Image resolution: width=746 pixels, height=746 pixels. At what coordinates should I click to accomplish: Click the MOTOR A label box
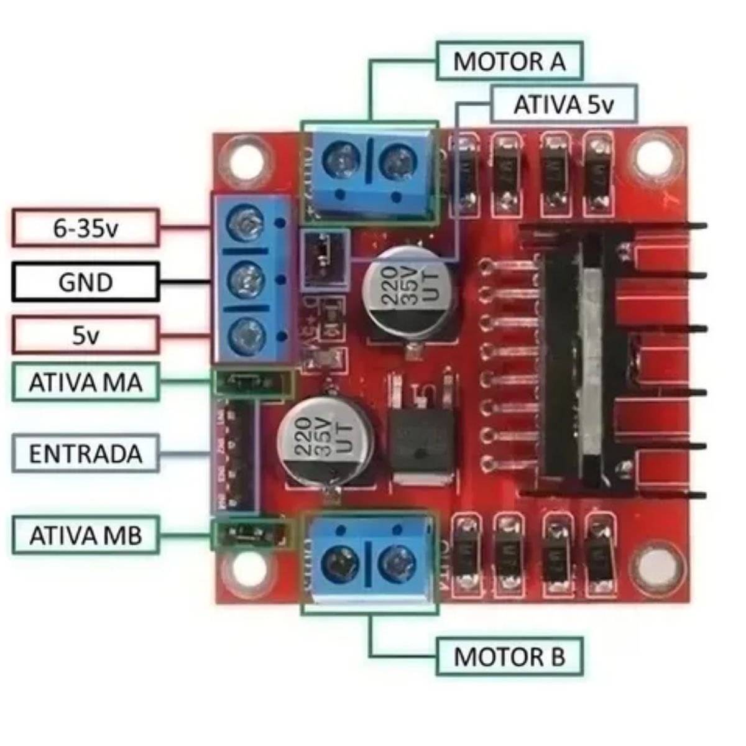tap(509, 61)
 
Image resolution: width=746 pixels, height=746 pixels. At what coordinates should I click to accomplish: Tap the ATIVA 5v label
tap(563, 104)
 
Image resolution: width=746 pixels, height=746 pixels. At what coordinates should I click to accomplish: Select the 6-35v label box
tap(85, 228)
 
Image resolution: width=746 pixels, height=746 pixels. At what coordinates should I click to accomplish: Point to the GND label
tap(85, 282)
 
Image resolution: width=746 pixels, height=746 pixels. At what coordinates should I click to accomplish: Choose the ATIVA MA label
tap(85, 382)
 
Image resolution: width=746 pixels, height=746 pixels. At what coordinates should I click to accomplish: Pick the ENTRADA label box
tap(85, 453)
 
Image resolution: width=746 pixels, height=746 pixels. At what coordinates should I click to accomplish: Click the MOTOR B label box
tap(509, 656)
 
